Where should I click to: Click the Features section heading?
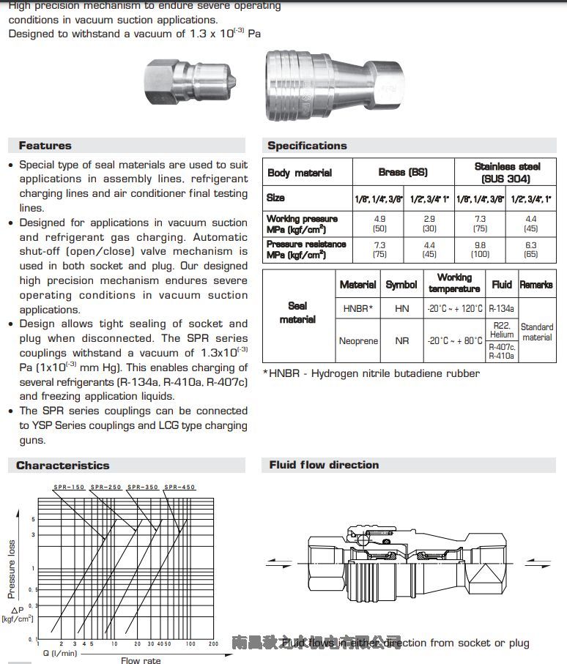click(45, 146)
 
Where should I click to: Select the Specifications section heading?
click(307, 146)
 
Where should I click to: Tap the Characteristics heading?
click(63, 466)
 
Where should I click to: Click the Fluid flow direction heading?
click(324, 465)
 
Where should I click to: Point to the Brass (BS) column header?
click(403, 173)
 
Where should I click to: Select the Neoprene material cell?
click(358, 341)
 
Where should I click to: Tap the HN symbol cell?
click(401, 309)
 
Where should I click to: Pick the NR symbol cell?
click(401, 341)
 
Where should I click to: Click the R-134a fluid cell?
click(502, 309)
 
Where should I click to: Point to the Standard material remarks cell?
click(537, 332)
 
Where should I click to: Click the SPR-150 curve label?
click(67, 487)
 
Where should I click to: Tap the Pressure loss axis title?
click(12, 569)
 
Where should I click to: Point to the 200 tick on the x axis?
click(213, 644)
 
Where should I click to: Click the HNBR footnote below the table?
click(371, 374)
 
